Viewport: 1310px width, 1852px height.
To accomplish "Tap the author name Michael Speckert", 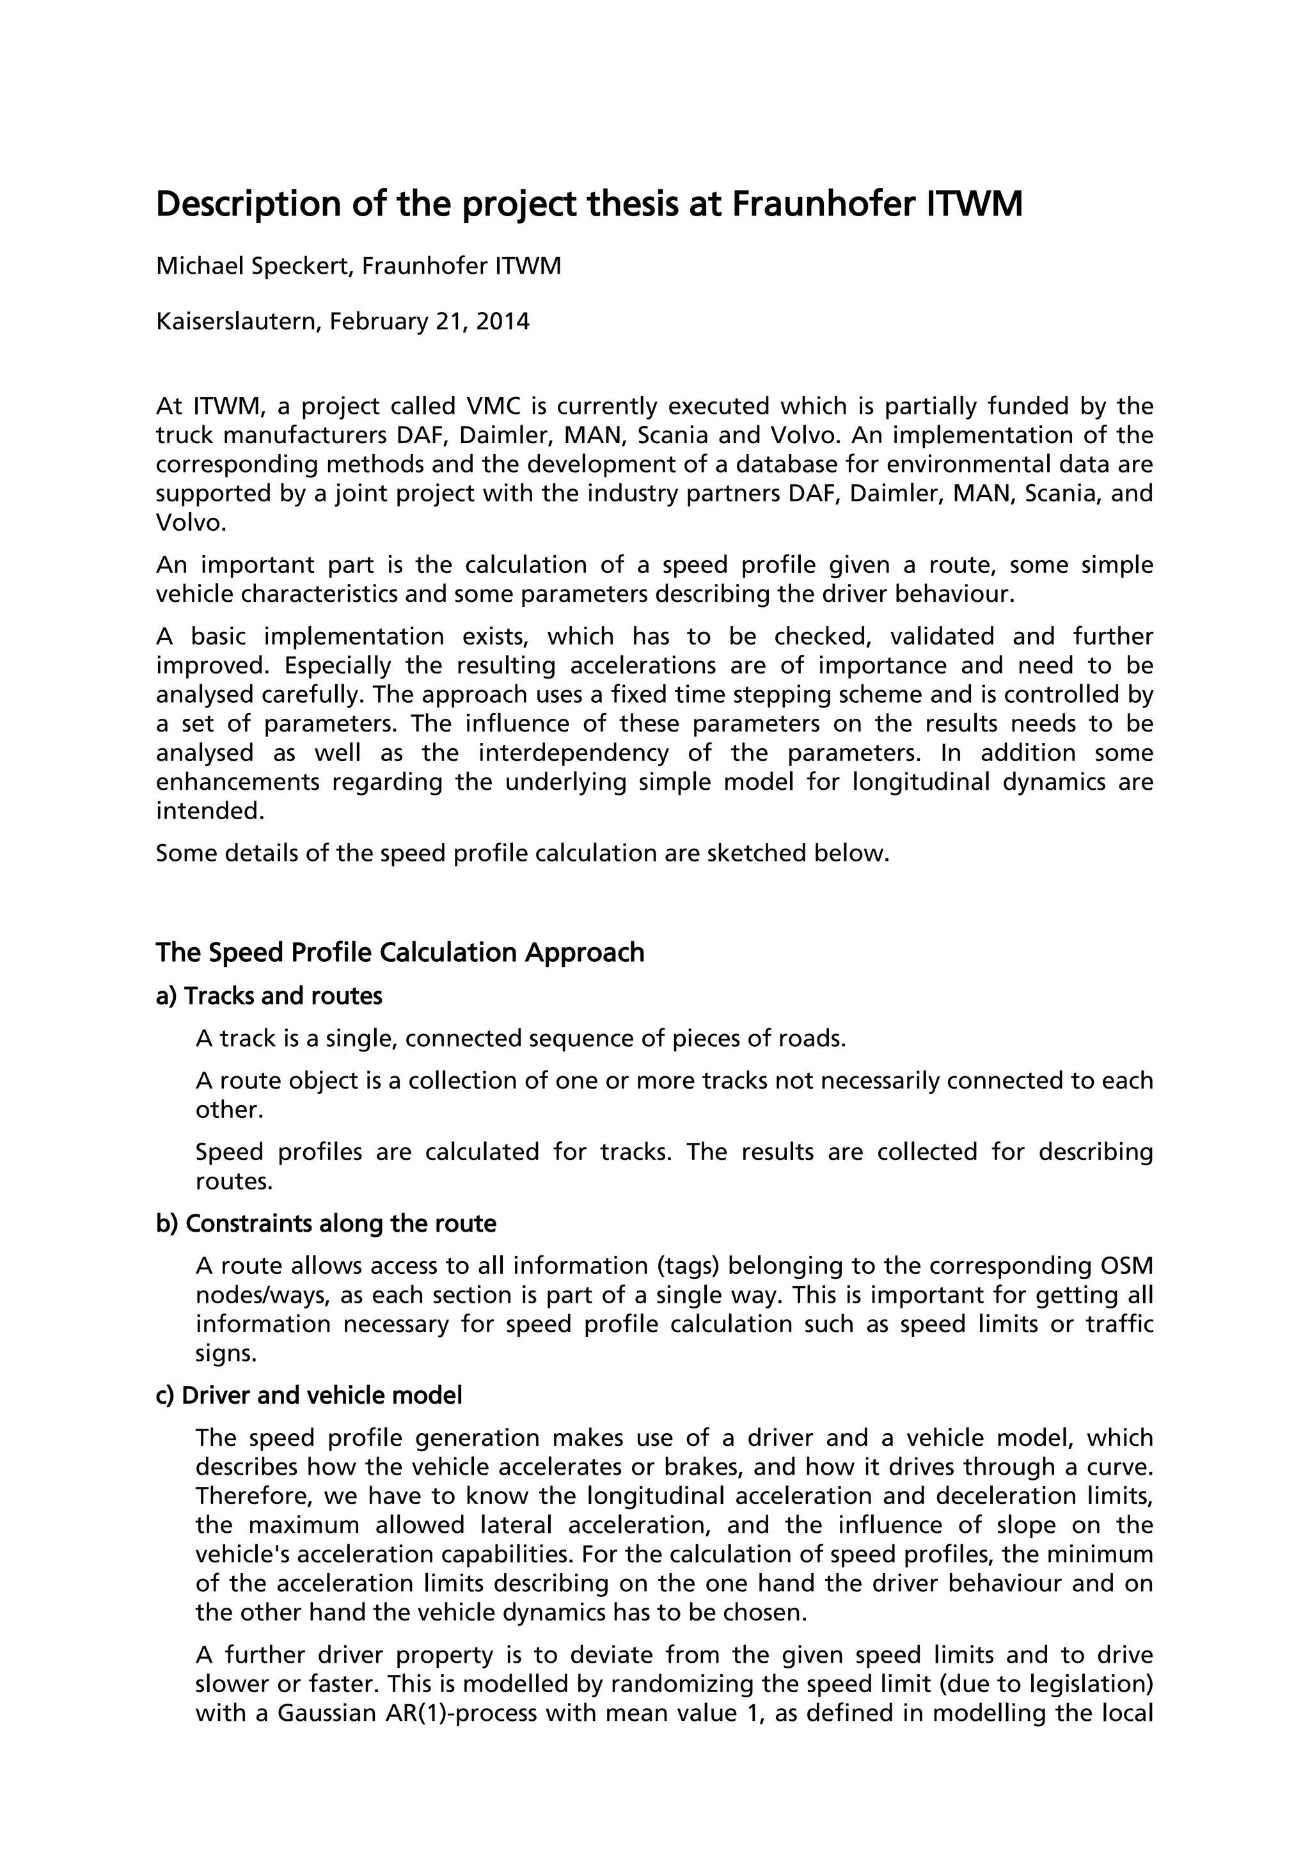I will pos(253,266).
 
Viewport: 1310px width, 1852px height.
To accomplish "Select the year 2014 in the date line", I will pos(503,322).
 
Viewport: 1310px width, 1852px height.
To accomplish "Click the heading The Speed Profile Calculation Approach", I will pos(399,953).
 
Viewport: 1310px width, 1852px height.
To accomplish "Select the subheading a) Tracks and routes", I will pos(269,996).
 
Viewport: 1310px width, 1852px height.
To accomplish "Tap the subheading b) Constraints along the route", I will pos(325,1223).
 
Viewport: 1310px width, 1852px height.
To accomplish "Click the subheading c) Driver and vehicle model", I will pos(309,1395).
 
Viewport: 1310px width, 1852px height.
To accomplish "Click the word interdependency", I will pos(574,753).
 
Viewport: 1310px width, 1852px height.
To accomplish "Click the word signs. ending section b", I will pos(226,1354).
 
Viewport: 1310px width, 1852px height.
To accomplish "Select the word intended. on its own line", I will pos(210,812).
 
